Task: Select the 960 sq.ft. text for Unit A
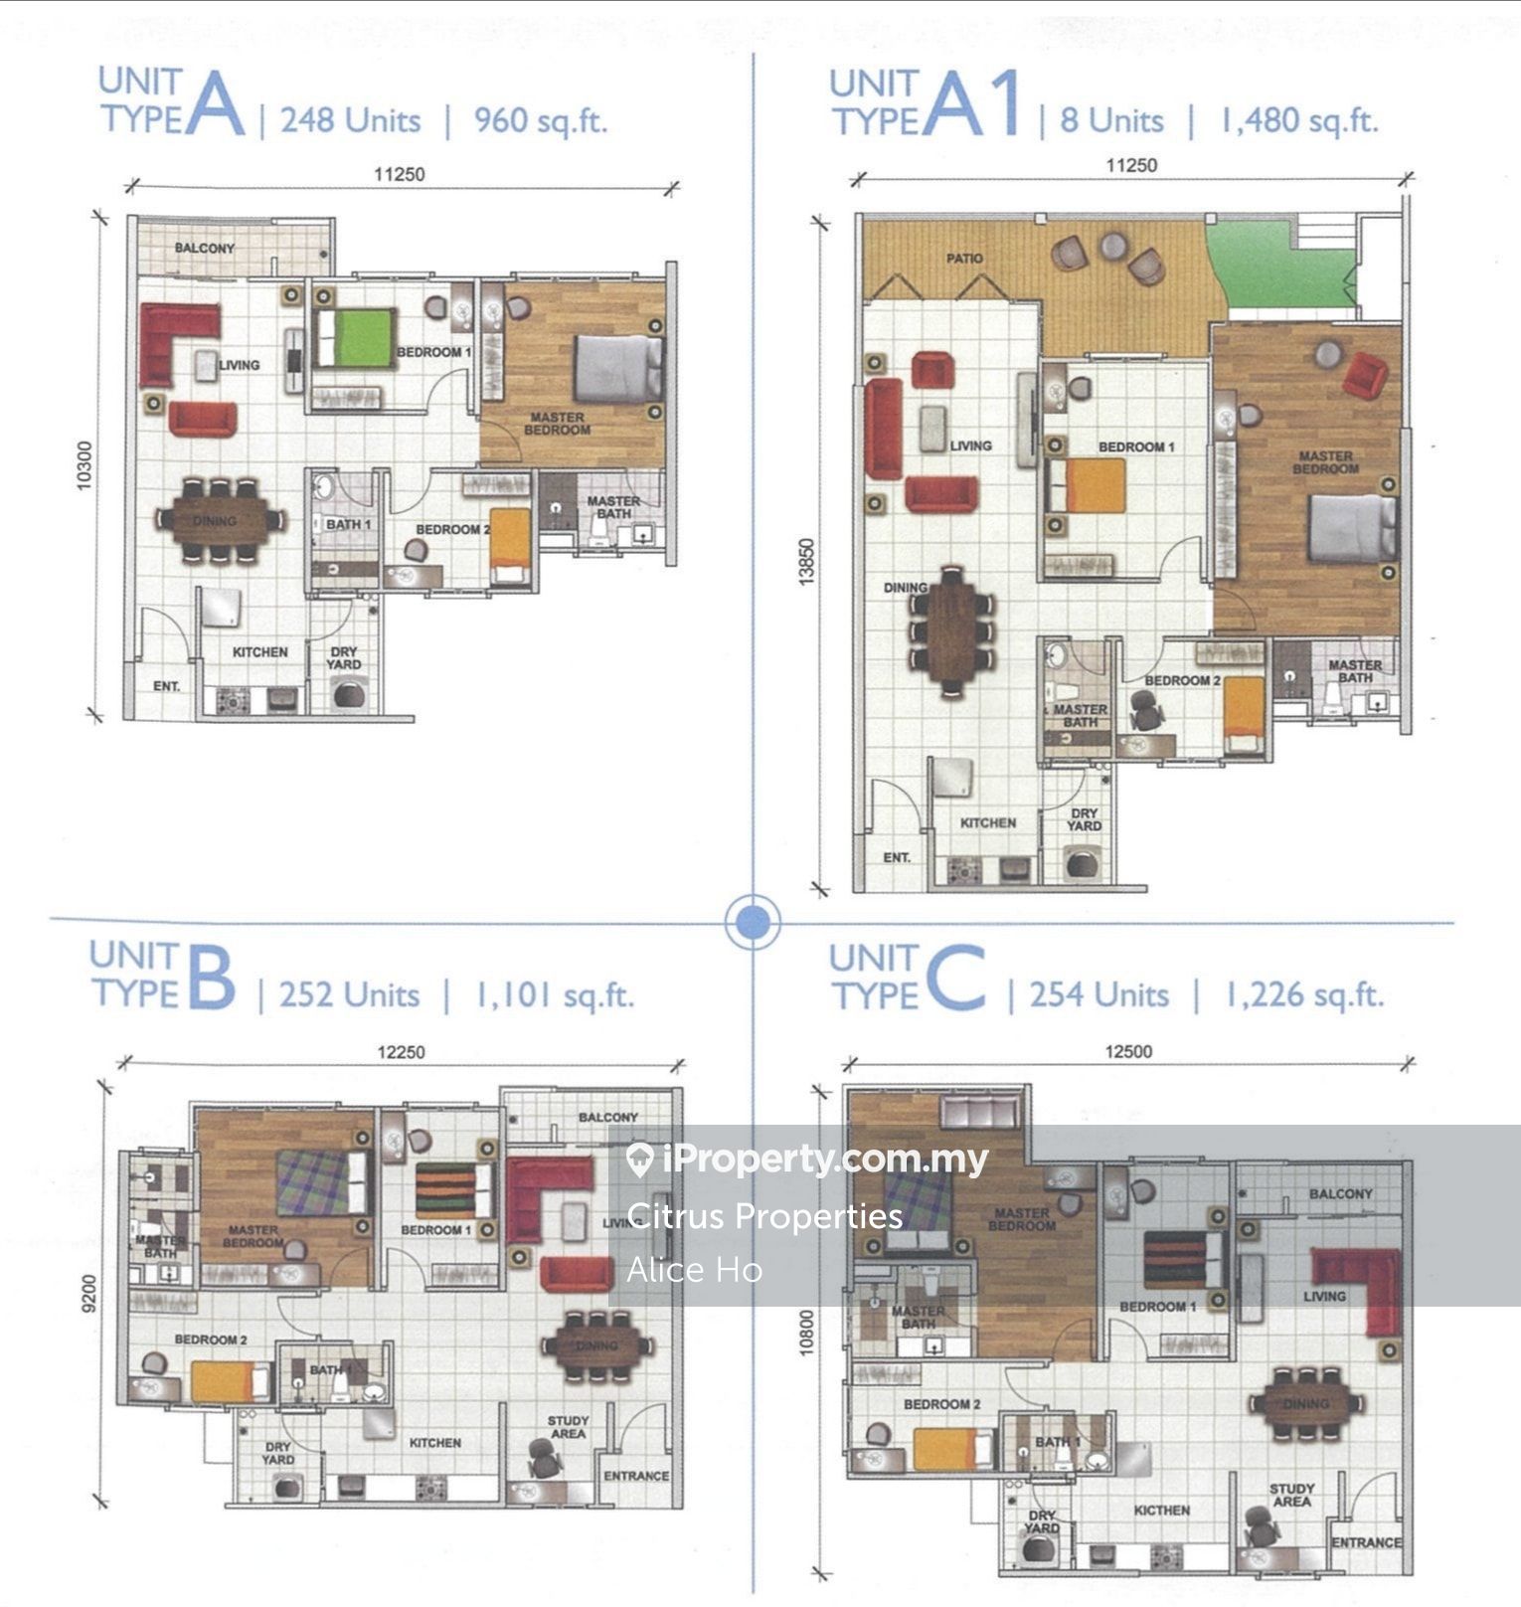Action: [x=540, y=121]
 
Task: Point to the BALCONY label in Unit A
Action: [x=205, y=248]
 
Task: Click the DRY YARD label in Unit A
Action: [x=344, y=658]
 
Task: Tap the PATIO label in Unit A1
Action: [x=964, y=259]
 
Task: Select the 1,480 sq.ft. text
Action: [x=1298, y=120]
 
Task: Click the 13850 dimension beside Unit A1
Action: [x=806, y=562]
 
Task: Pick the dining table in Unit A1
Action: [x=951, y=628]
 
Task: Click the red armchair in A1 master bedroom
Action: [x=1365, y=377]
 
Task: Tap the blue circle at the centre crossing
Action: [x=753, y=922]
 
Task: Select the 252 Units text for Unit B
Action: [x=349, y=995]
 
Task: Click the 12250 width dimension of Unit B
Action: [x=401, y=1052]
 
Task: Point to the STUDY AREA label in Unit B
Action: [x=568, y=1427]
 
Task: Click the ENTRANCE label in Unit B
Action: [x=636, y=1476]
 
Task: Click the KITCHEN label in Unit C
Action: [x=1162, y=1510]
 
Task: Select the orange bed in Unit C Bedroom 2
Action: [x=952, y=1449]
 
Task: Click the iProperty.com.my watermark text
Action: [x=824, y=1160]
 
